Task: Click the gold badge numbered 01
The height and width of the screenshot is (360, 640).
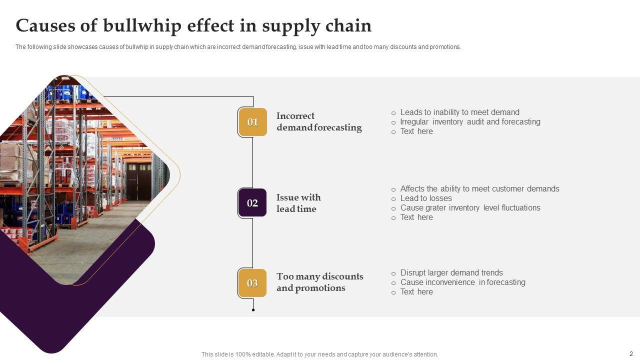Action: coord(252,122)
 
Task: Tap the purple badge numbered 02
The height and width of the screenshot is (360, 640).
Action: coord(252,202)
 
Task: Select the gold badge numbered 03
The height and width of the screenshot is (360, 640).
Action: coord(252,283)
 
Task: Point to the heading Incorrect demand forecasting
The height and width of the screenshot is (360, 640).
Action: coord(318,121)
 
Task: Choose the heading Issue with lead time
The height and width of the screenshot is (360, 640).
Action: coord(298,203)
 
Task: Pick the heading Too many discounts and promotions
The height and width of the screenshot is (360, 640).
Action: coord(319,282)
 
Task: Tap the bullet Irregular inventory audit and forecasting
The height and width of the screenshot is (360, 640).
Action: coord(470,122)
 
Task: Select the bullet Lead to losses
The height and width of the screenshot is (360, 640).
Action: coord(426,198)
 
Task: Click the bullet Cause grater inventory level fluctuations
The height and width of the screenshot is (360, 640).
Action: coord(470,208)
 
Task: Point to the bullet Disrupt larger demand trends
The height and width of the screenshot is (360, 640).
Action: coord(451,273)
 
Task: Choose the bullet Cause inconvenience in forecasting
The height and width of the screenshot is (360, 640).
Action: coord(462,282)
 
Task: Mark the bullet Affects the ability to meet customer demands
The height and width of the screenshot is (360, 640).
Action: coord(479,189)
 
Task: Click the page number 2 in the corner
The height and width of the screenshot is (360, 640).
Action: coord(631,353)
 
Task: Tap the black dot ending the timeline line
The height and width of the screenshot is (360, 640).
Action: coord(253,310)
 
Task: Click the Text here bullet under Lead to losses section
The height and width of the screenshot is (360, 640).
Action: coord(416,217)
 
